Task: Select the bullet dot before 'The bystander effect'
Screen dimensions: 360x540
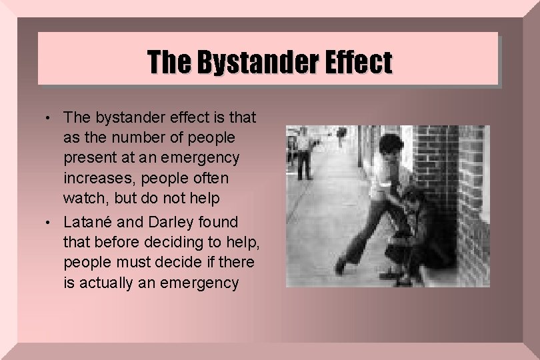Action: pyautogui.click(x=54, y=119)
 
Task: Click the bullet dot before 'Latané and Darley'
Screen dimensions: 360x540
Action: pyautogui.click(x=54, y=222)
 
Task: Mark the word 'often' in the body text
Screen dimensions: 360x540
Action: pyautogui.click(x=207, y=179)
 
